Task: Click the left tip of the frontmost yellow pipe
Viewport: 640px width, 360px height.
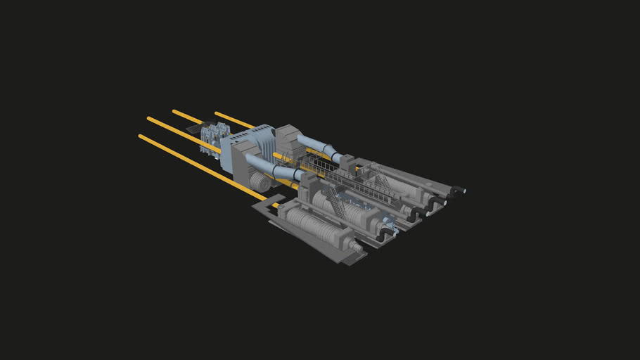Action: [141, 136]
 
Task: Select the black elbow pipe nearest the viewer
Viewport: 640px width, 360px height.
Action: [383, 237]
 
